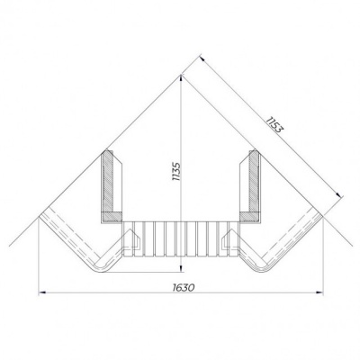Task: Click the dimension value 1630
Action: (184, 287)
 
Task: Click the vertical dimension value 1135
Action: (176, 172)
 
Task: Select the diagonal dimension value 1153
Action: (274, 124)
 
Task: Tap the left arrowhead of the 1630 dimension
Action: (42, 292)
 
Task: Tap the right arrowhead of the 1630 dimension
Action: (319, 292)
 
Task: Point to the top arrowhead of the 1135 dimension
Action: (181, 78)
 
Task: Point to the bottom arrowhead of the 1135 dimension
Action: (181, 269)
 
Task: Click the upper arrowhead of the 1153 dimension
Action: (202, 58)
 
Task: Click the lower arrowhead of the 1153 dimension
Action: (339, 195)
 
